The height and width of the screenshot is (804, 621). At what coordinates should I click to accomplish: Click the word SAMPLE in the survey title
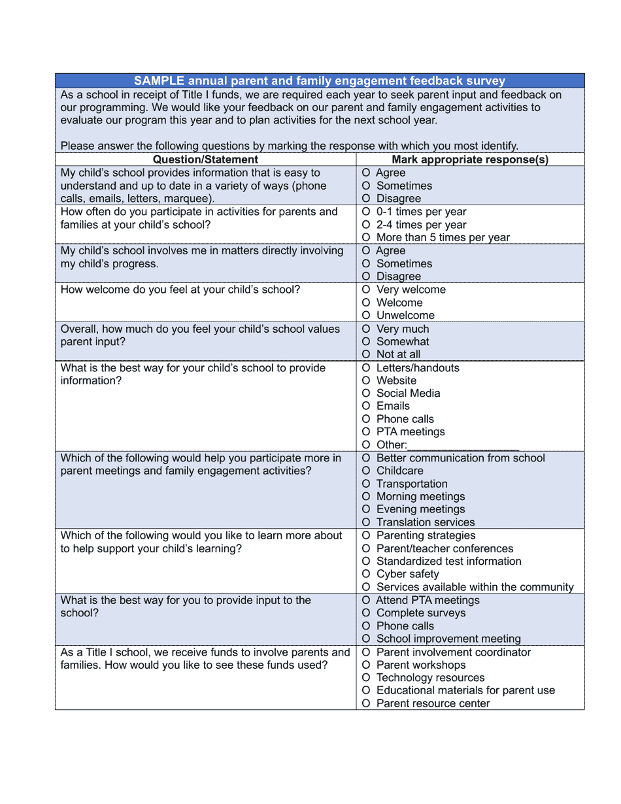159,81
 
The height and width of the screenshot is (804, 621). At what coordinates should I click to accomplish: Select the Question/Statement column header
205,159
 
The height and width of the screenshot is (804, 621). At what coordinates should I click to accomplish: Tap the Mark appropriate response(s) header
470,159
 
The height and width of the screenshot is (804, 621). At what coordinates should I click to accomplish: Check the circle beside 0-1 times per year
366,212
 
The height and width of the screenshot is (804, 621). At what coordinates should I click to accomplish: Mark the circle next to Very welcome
366,290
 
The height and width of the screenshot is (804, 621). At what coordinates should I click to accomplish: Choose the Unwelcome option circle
366,316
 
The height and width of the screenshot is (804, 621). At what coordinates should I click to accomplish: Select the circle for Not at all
366,354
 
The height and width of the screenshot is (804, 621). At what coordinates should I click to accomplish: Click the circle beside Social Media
366,394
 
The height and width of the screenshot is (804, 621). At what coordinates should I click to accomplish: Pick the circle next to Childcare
366,471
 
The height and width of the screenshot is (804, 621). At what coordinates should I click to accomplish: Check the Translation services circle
366,522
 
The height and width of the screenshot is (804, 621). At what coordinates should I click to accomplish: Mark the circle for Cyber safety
366,574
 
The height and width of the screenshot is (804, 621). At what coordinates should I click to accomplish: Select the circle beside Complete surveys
366,613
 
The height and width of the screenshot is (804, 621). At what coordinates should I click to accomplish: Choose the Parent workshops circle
366,665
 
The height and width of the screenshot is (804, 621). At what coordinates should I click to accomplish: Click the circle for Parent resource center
366,704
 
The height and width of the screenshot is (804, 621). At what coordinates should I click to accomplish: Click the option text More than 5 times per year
443,238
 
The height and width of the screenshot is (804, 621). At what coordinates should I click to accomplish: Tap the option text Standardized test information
448,561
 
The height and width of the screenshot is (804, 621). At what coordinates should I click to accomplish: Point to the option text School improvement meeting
448,639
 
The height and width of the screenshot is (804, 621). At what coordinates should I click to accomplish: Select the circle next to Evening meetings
366,509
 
